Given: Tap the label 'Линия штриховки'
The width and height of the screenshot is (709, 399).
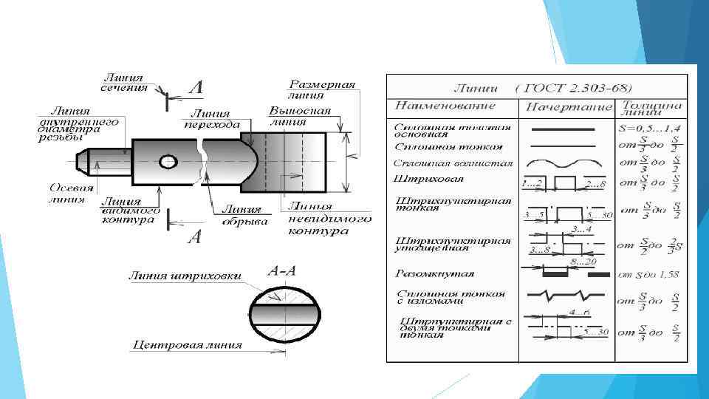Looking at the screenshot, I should click(185, 276).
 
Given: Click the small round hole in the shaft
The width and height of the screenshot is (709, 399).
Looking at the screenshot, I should click(169, 161).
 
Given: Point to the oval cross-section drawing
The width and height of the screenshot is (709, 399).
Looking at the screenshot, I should click(284, 315).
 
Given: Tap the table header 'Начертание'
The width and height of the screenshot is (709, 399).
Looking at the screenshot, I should click(568, 107).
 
